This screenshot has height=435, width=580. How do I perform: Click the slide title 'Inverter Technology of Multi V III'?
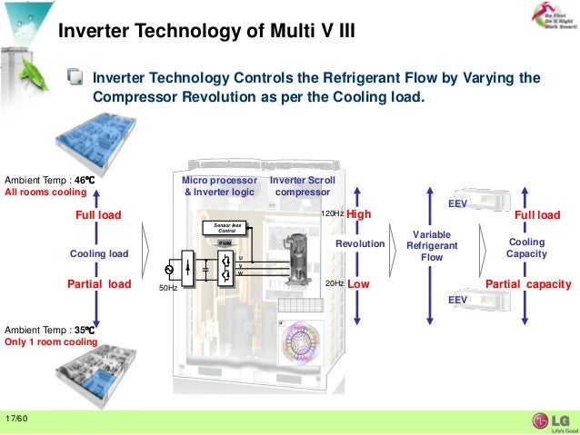click(205, 33)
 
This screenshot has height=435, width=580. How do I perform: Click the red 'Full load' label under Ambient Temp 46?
click(97, 215)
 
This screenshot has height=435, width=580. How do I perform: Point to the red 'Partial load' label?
click(100, 284)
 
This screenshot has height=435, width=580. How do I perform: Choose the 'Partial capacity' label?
click(527, 284)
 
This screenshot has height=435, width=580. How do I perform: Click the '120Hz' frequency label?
click(333, 214)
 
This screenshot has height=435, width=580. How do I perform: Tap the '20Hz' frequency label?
click(335, 284)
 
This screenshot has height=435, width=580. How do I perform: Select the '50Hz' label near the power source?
click(167, 288)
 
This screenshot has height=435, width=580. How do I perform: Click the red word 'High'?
click(360, 214)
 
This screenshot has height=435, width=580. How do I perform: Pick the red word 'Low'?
click(358, 284)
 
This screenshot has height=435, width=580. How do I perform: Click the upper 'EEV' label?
click(458, 205)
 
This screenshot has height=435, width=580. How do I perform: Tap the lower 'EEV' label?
click(458, 299)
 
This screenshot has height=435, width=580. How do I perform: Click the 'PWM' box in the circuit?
click(224, 243)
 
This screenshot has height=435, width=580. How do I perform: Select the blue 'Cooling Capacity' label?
click(526, 248)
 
